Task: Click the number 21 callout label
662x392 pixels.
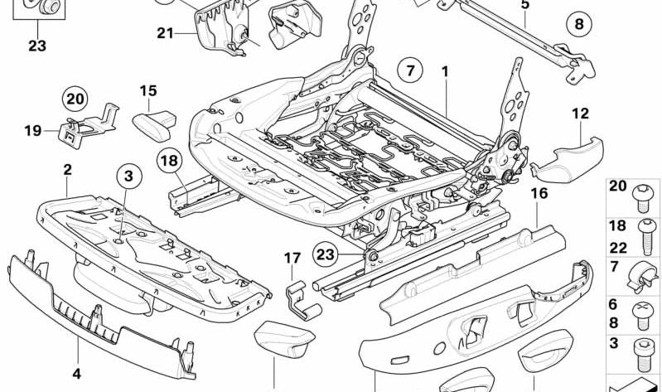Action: click(165, 32)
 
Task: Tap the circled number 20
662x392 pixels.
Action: click(75, 99)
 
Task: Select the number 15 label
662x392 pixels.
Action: click(148, 91)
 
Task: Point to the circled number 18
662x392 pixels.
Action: click(169, 161)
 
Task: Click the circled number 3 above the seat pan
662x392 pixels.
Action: click(128, 176)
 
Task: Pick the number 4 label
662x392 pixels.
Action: click(76, 374)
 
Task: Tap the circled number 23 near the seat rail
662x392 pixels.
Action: click(325, 254)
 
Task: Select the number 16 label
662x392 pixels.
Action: click(539, 193)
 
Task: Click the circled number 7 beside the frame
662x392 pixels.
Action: click(411, 70)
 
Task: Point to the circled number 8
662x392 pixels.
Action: click(579, 24)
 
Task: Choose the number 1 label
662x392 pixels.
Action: click(445, 72)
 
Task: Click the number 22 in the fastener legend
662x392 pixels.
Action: click(617, 248)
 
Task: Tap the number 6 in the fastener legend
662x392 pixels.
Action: click(613, 304)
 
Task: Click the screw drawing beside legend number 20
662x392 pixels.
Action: click(642, 198)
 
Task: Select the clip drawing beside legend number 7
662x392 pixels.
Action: click(643, 276)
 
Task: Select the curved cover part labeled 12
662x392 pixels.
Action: click(567, 159)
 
